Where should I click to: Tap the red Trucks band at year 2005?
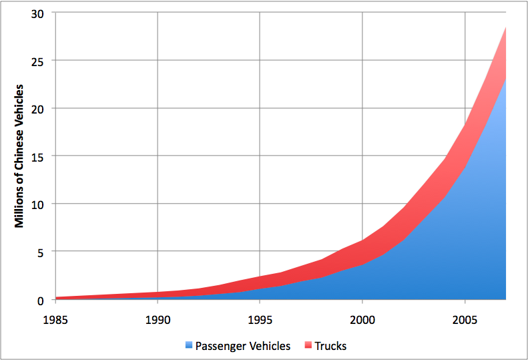point(465,144)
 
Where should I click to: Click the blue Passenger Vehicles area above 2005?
point(465,234)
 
